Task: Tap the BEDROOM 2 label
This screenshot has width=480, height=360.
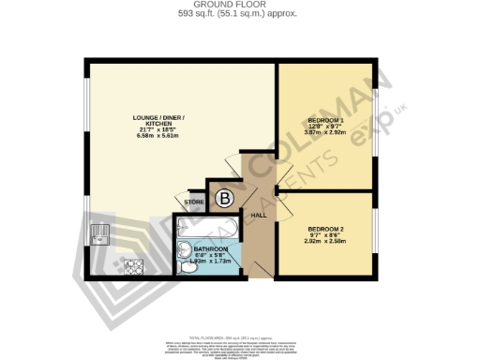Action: (x=325, y=229)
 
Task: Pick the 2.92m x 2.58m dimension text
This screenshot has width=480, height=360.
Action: (x=325, y=241)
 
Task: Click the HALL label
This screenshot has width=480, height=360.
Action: (x=258, y=216)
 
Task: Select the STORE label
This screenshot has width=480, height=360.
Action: (x=194, y=202)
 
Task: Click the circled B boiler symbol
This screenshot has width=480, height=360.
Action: (x=225, y=198)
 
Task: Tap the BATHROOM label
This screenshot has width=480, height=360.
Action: (x=211, y=249)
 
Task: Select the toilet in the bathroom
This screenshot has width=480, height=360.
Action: (x=190, y=267)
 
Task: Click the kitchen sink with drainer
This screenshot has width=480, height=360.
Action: (x=100, y=232)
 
